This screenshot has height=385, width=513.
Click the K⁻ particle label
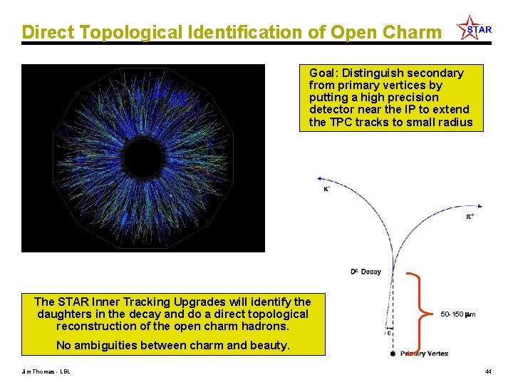pos(326,189)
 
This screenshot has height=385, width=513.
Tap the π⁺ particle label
pos(470,216)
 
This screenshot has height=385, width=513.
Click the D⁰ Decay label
pos(366,272)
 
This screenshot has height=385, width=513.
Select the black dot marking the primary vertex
pos(393,354)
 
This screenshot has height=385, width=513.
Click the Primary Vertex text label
pos(425,354)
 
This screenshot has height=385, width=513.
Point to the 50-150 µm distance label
pos(458,314)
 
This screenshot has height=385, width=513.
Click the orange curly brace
pos(419,312)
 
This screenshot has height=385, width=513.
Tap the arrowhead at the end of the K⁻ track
pos(321,179)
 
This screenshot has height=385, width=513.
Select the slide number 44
pos(488,371)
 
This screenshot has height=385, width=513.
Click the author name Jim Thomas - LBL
pos(46,371)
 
